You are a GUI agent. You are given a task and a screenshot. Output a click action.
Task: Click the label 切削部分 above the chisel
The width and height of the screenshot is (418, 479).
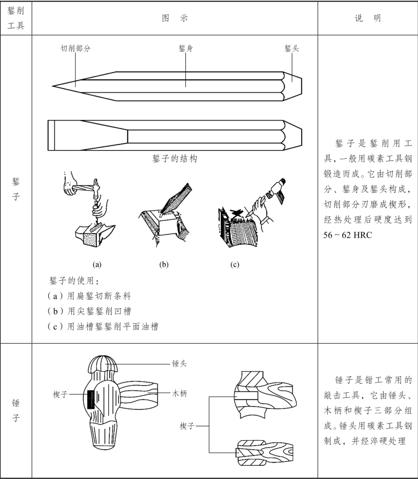[75, 49]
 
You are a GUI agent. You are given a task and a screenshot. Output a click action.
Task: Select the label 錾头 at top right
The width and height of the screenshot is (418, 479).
[291, 49]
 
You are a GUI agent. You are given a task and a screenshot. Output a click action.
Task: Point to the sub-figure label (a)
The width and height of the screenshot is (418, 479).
[97, 264]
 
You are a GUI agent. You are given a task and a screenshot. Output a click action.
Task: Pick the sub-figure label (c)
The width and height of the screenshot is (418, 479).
[235, 264]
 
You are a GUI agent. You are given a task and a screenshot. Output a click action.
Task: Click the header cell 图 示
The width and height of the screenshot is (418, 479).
[174, 18]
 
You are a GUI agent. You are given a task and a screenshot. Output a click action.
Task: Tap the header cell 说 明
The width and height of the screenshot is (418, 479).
[368, 18]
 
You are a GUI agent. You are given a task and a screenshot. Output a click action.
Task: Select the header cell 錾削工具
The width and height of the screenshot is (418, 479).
[16, 18]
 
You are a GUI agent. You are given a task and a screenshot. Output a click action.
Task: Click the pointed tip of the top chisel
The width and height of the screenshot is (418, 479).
[55, 86]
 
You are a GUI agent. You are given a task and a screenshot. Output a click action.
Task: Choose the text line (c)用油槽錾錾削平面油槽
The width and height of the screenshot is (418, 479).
[103, 327]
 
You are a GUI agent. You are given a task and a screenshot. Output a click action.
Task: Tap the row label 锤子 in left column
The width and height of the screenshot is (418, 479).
[16, 410]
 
